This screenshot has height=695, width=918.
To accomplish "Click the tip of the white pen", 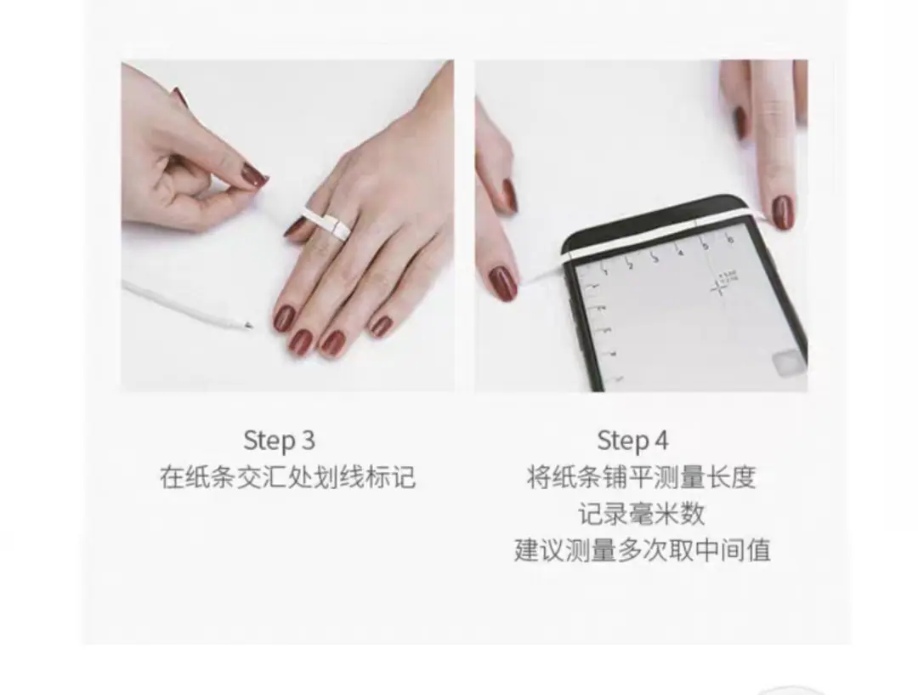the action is (x=251, y=326).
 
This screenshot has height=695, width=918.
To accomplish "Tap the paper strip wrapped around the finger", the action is (x=326, y=223).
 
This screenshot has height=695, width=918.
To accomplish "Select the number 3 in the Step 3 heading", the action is (x=309, y=440).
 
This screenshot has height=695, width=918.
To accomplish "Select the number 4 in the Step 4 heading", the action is (x=661, y=441).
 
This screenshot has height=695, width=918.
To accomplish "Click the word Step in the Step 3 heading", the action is (x=269, y=441).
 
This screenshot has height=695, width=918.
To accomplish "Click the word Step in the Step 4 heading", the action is (x=623, y=441).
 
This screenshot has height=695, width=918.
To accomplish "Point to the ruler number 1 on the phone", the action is (x=605, y=271).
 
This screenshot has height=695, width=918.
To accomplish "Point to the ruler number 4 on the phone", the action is (x=680, y=253).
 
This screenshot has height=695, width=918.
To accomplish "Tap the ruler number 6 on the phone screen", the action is (x=730, y=240).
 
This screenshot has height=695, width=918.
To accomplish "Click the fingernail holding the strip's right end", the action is (x=782, y=212).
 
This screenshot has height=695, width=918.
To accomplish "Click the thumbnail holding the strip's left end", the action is (x=502, y=283).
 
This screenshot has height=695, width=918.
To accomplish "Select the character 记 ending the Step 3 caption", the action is (x=404, y=477).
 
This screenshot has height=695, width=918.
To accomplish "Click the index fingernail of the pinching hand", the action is (x=256, y=175).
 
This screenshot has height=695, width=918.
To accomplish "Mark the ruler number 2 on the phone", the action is (x=630, y=265).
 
